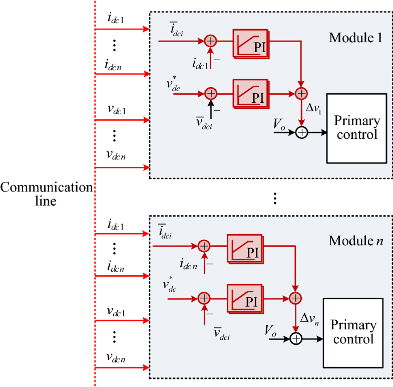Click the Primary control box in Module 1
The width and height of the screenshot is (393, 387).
[356, 128]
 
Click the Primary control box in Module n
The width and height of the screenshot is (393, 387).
[353, 332]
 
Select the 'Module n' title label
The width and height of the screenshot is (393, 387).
[356, 241]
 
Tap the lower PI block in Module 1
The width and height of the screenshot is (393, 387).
[251, 94]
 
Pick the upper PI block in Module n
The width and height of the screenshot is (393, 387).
[245, 247]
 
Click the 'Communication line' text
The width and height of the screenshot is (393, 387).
[46, 194]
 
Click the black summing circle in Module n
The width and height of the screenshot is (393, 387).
[296, 339]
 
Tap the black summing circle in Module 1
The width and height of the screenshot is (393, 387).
[301, 133]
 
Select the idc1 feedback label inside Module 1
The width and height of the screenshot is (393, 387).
[202, 63]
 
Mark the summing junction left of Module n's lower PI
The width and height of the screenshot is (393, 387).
[204, 298]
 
